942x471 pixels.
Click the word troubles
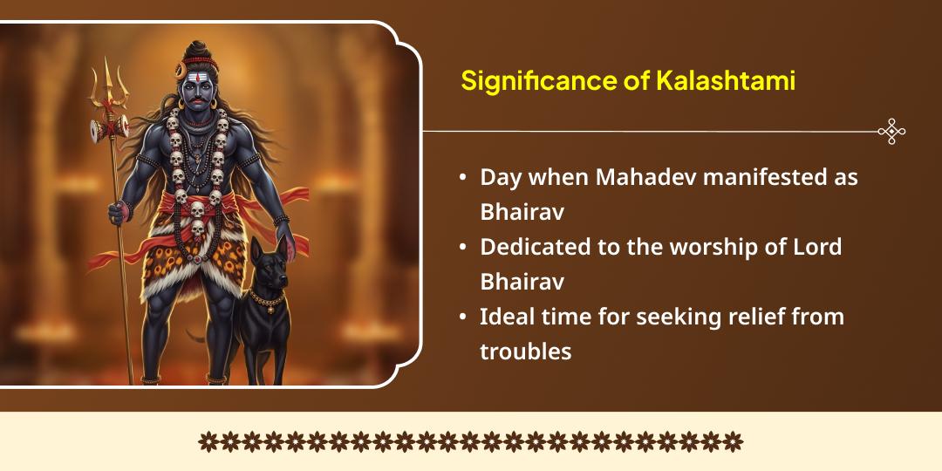click(525, 352)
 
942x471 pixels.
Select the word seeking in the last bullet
click(671, 317)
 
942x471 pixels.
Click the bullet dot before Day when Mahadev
click(462, 178)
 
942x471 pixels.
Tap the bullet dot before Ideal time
click(462, 317)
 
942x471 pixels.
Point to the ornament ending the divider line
click(891, 132)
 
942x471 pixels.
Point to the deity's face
click(199, 87)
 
